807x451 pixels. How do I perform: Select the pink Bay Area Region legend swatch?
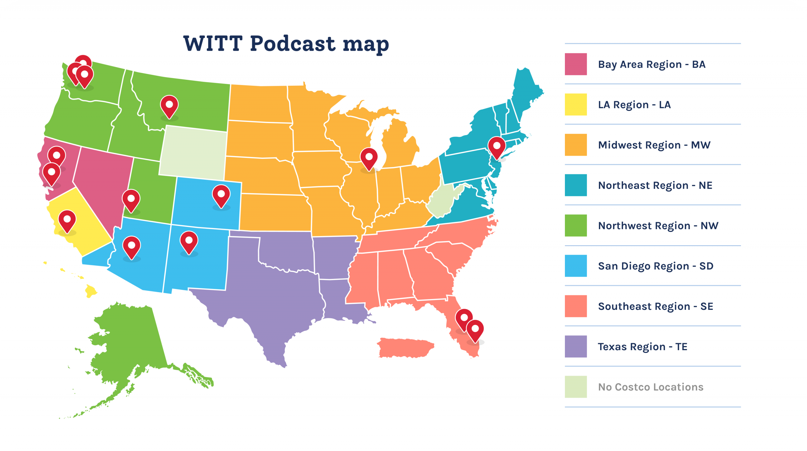click(x=576, y=64)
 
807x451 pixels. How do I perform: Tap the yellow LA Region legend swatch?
click(x=576, y=105)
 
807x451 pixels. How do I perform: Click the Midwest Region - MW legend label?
click(x=654, y=145)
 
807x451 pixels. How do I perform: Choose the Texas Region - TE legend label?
click(x=642, y=347)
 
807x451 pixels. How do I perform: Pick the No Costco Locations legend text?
click(x=651, y=387)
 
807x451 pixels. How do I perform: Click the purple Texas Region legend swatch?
click(x=576, y=347)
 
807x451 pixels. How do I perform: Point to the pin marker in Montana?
click(x=169, y=106)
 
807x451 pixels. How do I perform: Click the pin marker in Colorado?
click(x=221, y=195)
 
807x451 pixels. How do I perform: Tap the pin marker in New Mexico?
click(x=189, y=241)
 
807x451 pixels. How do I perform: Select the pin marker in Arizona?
click(x=131, y=246)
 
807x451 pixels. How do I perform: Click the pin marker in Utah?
click(x=131, y=199)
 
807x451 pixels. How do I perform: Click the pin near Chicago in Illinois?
click(x=369, y=158)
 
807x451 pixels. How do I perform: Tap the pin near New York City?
click(x=497, y=147)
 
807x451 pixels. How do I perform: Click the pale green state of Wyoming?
click(x=193, y=153)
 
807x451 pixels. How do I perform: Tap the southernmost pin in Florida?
click(x=475, y=330)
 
